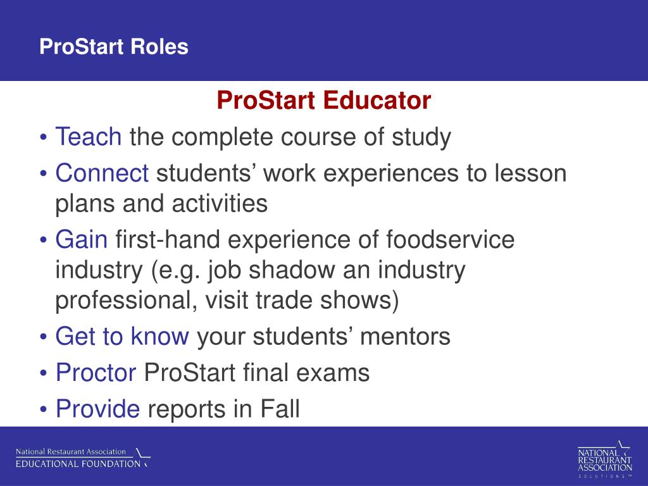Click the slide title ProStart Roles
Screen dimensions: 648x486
(x=114, y=47)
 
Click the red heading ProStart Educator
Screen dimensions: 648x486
(x=323, y=101)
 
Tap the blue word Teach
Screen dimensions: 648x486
(x=89, y=137)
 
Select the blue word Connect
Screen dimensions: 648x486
(x=102, y=173)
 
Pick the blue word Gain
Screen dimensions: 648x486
(x=82, y=240)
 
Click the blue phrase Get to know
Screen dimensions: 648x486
(x=122, y=336)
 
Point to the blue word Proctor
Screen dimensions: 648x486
(x=96, y=372)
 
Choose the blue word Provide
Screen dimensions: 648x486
(x=97, y=409)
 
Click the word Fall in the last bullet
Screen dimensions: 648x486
(x=280, y=409)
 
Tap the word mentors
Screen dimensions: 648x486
(x=405, y=337)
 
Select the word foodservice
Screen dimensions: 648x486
(x=451, y=240)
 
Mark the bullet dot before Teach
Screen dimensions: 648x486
(x=44, y=138)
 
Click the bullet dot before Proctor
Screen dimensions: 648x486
(x=44, y=373)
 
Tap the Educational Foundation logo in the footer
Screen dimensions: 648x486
(x=83, y=458)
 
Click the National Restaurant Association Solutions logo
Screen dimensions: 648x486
(x=605, y=459)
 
